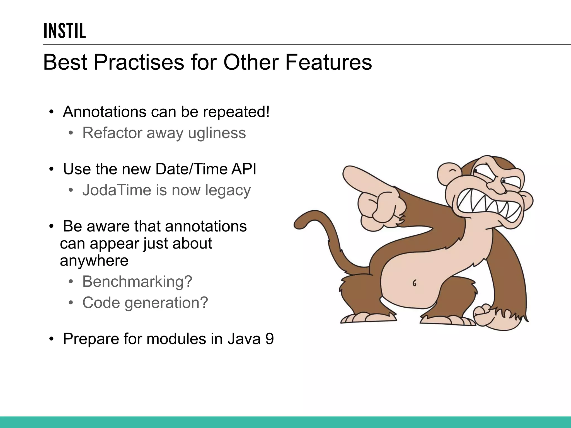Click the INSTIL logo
tap(65, 31)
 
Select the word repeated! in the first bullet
tap(236, 112)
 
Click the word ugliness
tap(217, 133)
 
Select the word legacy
tap(228, 191)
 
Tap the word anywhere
tap(94, 261)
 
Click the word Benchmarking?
tap(137, 281)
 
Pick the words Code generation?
tap(145, 303)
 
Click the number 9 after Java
tap(269, 339)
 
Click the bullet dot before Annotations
tap(51, 112)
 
